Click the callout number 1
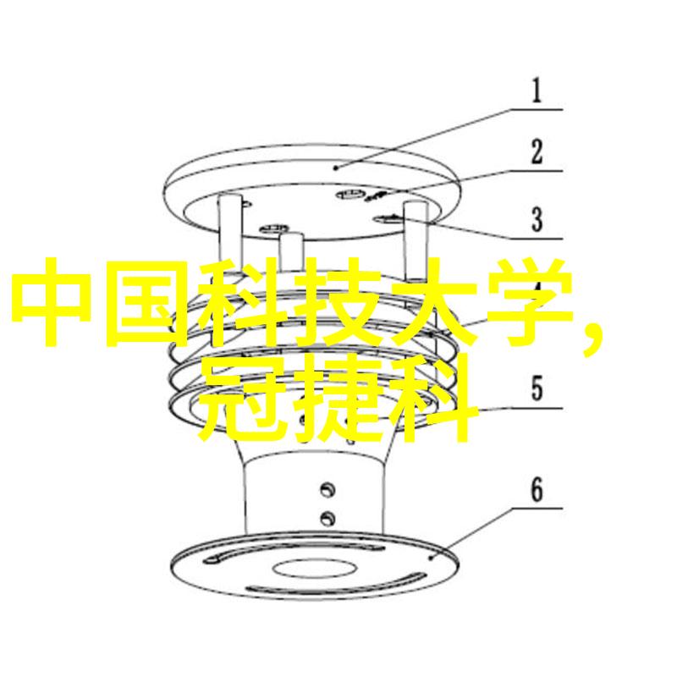537,91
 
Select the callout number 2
537,151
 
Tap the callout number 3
537,219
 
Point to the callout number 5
537,388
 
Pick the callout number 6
537,490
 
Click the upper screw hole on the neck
327,490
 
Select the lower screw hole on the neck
327,518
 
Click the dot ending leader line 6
432,558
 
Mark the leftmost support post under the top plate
229,228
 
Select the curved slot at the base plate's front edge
335,586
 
